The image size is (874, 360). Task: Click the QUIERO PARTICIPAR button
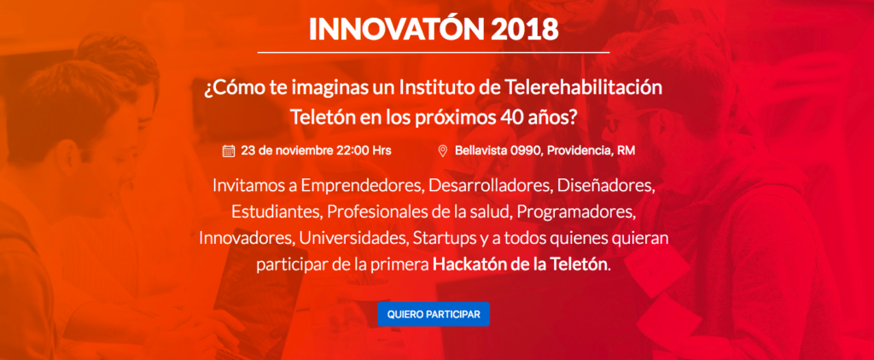click(x=434, y=314)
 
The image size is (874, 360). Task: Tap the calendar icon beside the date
click(x=229, y=151)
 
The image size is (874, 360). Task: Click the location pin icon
click(x=443, y=151)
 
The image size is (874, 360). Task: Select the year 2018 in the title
click(x=525, y=30)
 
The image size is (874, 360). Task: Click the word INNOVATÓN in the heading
click(x=396, y=28)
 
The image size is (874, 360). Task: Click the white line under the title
click(x=434, y=52)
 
